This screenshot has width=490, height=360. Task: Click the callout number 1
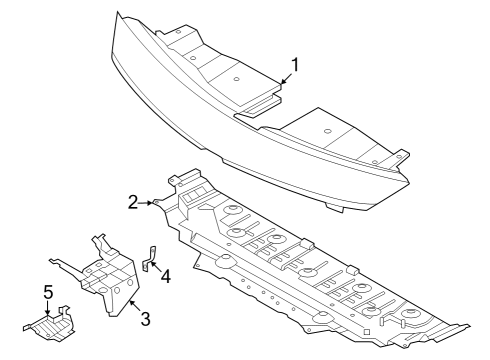[x=294, y=66]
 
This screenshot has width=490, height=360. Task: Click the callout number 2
[x=133, y=201]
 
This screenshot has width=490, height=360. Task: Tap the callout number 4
[x=165, y=274]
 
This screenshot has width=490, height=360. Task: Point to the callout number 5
[x=47, y=293]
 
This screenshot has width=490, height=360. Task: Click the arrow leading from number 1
[x=287, y=81]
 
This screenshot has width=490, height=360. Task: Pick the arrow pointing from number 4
[x=156, y=265]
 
